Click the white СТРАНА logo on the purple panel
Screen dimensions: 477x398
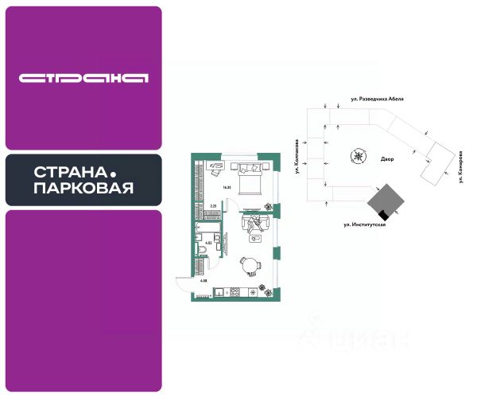click(x=83, y=78)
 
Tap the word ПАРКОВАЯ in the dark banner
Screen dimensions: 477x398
click(x=83, y=189)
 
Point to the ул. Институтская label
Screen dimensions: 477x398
click(x=365, y=225)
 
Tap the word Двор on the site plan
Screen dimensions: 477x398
click(x=387, y=159)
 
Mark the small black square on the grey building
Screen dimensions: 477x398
click(x=383, y=213)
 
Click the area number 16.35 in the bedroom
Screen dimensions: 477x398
click(x=227, y=186)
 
